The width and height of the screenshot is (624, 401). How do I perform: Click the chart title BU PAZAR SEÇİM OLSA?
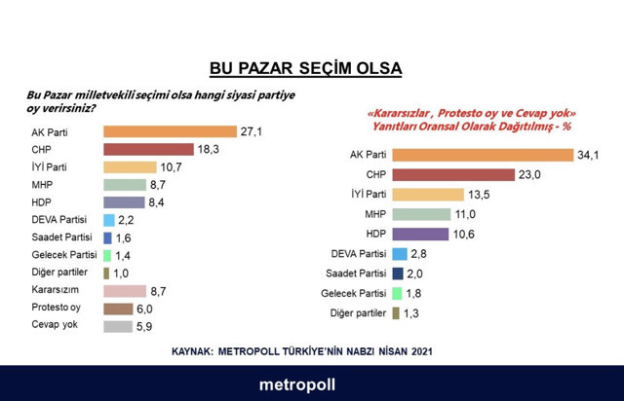306,69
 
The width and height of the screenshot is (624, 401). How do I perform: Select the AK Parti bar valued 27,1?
170,131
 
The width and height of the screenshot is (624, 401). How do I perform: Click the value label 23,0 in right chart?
529,174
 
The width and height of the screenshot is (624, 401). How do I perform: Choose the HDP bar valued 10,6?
427,234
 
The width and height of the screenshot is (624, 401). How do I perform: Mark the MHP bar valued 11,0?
428,214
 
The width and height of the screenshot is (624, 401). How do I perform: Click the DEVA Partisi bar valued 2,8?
400,254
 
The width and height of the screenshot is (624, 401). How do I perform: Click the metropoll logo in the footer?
297,383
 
